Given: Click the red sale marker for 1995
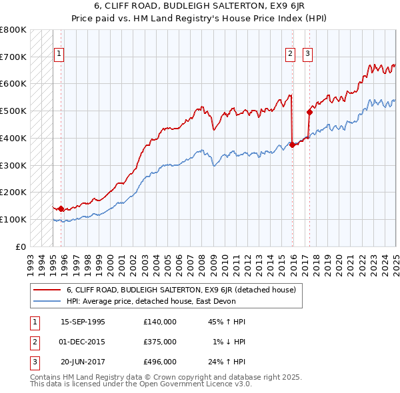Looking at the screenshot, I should (x=61, y=208).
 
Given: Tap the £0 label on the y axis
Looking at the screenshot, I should (x=22, y=246).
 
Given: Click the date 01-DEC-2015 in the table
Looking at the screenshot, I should (x=83, y=342).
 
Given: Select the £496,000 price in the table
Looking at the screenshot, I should (x=160, y=362).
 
